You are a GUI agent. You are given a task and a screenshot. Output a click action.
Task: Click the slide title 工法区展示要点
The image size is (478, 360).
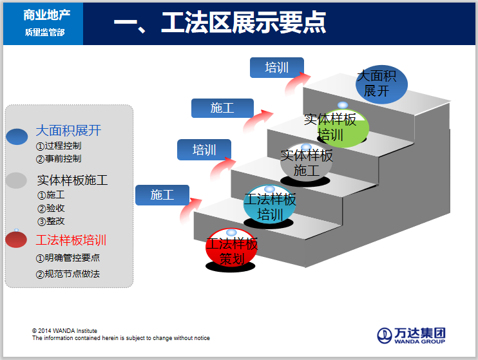pos(220,23)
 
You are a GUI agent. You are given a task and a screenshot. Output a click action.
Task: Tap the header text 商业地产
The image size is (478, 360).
pos(44,15)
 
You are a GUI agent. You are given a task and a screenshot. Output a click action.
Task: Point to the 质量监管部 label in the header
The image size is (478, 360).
pos(44,32)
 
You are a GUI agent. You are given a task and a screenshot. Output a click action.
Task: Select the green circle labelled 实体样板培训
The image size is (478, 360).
pos(342,128)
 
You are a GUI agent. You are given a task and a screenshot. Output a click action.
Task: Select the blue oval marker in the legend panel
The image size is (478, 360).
pos(17,137)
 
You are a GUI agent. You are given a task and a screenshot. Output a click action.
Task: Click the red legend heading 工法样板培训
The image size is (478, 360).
pos(70,240)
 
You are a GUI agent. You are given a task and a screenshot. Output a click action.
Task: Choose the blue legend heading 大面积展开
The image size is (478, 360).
pos(68,131)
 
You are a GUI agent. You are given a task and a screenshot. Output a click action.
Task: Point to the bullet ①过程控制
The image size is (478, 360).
pos(59,146)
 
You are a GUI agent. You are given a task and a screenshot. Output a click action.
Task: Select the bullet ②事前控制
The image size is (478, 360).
pos(59,158)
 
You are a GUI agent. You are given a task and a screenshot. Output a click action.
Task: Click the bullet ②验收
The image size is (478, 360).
pos(51,208)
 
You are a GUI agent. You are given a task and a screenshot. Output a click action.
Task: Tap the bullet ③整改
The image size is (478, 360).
pos(51,221)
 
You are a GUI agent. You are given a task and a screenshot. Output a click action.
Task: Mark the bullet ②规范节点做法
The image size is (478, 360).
pos(68,274)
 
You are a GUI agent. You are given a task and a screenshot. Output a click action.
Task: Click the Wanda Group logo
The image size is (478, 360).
pos(411,336)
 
